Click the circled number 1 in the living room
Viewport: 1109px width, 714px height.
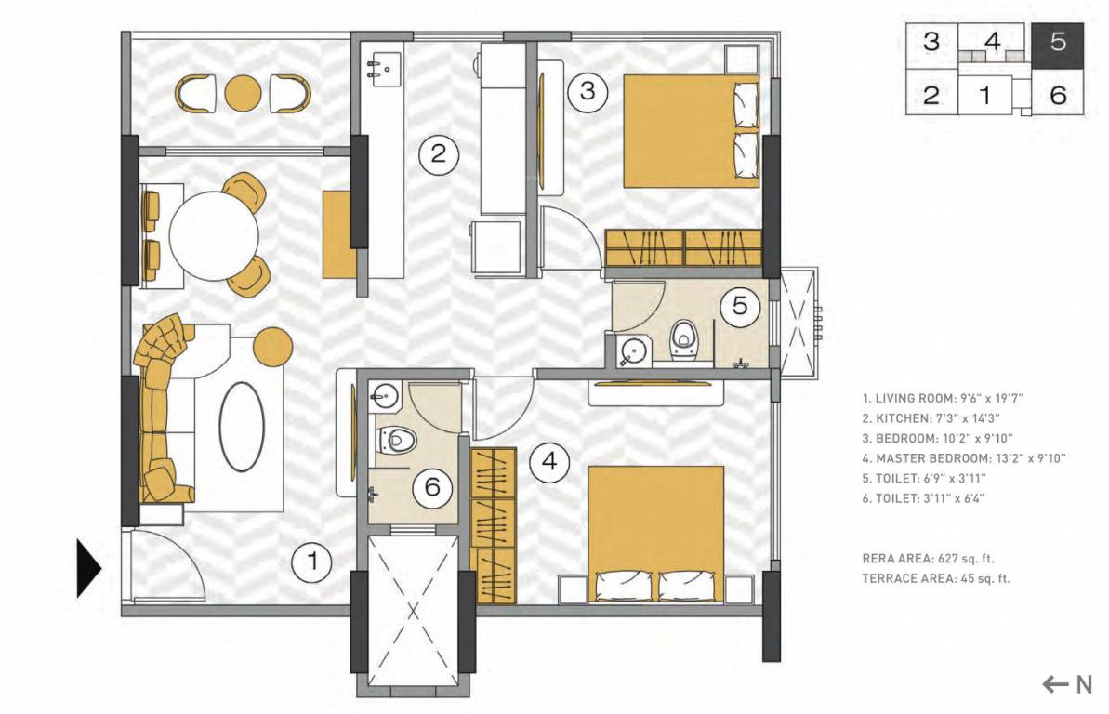(312, 562)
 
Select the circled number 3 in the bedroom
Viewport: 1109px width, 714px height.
(588, 91)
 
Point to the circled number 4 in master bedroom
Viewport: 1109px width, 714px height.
(549, 460)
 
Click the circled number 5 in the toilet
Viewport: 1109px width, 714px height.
(740, 306)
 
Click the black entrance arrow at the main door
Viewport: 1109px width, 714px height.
(87, 567)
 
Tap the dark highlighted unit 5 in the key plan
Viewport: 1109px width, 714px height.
(1058, 43)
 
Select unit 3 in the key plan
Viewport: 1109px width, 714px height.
(931, 43)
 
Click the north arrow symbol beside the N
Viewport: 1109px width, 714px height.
(1055, 685)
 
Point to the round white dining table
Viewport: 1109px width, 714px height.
(213, 234)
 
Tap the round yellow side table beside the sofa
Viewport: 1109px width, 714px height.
(273, 346)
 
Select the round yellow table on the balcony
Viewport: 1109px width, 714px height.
(244, 92)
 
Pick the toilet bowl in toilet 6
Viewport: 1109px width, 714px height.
(398, 438)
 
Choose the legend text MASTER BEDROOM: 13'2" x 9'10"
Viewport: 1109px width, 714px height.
(962, 457)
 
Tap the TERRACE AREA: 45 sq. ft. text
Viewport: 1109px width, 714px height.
(936, 578)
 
